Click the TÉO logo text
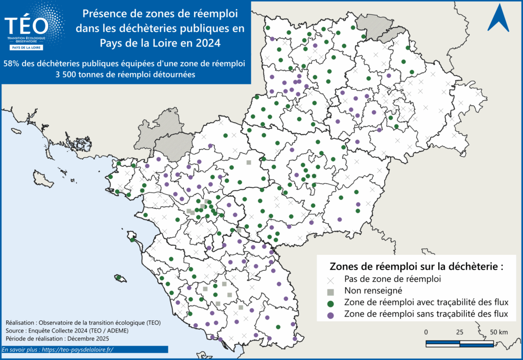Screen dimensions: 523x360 [27, 25]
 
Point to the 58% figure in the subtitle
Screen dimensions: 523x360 [12, 64]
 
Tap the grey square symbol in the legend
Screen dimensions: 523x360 [330, 292]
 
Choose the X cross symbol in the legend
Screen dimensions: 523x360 [330, 280]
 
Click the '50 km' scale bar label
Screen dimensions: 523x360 [498, 332]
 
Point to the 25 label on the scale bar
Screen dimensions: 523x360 [460, 332]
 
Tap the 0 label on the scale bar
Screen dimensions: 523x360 [426, 332]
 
